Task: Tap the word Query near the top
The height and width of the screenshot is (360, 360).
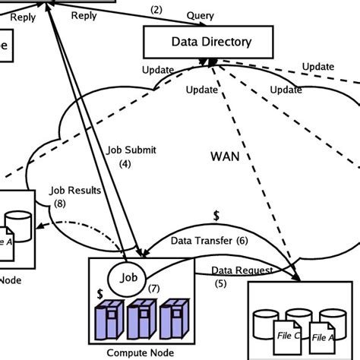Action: (200, 15)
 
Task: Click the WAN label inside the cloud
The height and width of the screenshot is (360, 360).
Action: (226, 156)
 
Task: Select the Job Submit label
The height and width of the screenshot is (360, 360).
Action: (130, 150)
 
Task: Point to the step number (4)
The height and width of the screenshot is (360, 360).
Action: (125, 163)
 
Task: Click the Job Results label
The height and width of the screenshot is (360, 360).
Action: (74, 191)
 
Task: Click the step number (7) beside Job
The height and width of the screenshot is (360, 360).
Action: (153, 289)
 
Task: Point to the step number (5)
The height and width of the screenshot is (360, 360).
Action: (220, 283)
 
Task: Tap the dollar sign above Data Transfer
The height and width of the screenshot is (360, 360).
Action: (216, 216)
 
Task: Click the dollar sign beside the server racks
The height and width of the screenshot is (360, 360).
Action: (100, 292)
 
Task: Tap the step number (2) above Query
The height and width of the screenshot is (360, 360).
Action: (156, 9)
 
